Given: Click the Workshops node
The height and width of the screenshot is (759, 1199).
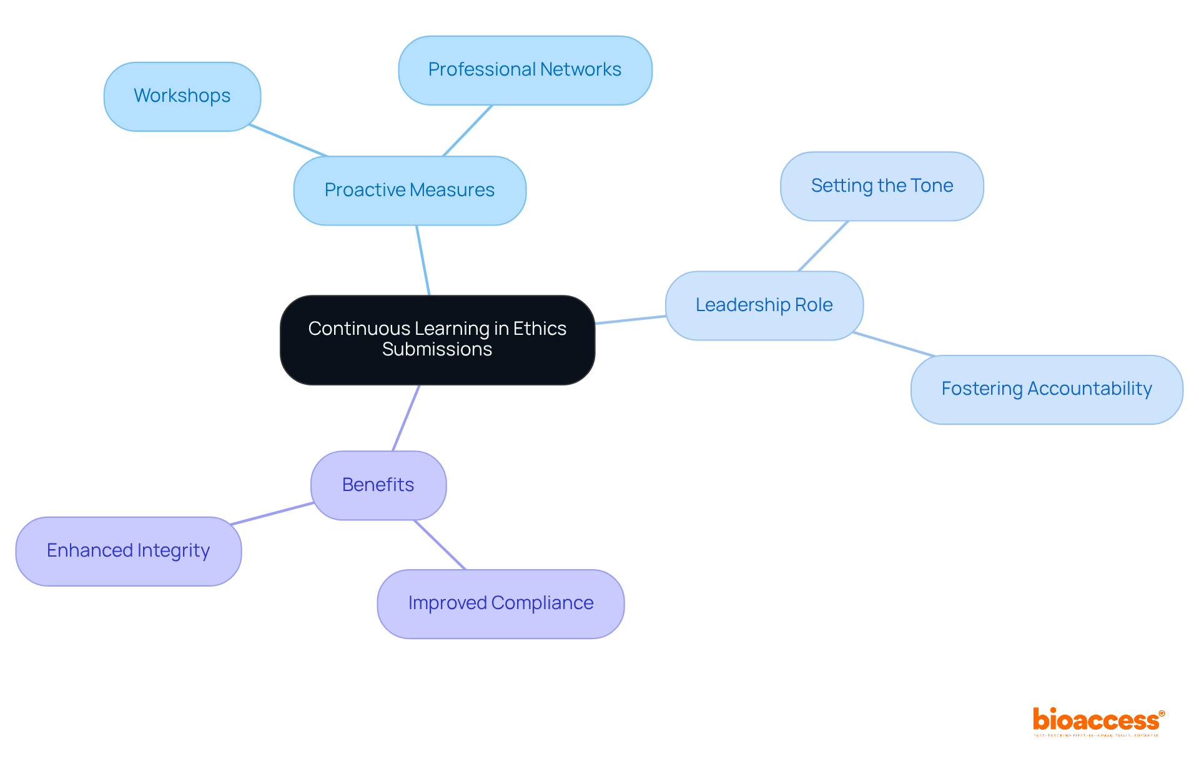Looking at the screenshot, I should pyautogui.click(x=182, y=96).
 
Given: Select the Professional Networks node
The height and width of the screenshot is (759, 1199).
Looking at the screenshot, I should pyautogui.click(x=525, y=70).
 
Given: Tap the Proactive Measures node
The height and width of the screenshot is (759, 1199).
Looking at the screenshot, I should pyautogui.click(x=409, y=190).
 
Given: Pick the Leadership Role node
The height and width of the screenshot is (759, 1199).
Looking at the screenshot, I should pyautogui.click(x=764, y=305).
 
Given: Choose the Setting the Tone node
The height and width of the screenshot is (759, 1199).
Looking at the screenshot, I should pyautogui.click(x=881, y=186).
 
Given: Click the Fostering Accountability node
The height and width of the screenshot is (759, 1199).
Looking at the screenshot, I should pyautogui.click(x=1046, y=389).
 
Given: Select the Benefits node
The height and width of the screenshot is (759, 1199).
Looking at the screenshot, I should pyautogui.click(x=378, y=485).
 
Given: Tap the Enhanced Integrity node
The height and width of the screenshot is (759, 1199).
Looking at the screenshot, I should pyautogui.click(x=128, y=550).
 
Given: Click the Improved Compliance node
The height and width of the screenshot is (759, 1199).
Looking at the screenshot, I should pyautogui.click(x=500, y=603).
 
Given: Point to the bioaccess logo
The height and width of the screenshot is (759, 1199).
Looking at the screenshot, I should pyautogui.click(x=1098, y=721).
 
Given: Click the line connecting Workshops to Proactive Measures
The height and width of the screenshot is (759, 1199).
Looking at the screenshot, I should pyautogui.click(x=288, y=141).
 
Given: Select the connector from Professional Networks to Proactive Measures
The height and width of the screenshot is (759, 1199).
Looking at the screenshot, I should pyautogui.click(x=468, y=131).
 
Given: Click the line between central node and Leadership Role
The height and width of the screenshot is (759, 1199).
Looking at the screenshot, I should pyautogui.click(x=630, y=320).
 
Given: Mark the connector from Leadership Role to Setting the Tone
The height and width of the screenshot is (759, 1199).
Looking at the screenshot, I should pyautogui.click(x=823, y=246).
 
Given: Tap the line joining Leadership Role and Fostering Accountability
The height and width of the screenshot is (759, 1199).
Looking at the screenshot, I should pyautogui.click(x=894, y=344).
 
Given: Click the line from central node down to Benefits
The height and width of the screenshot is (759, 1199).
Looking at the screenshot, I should pyautogui.click(x=406, y=417).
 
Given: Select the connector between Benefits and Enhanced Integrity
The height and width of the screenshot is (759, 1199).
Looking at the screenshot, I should pyautogui.click(x=272, y=513).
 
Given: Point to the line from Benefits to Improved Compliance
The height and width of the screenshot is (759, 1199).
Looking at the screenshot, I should pyautogui.click(x=440, y=545).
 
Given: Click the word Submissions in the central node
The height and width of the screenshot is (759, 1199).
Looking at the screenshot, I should pyautogui.click(x=437, y=349).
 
